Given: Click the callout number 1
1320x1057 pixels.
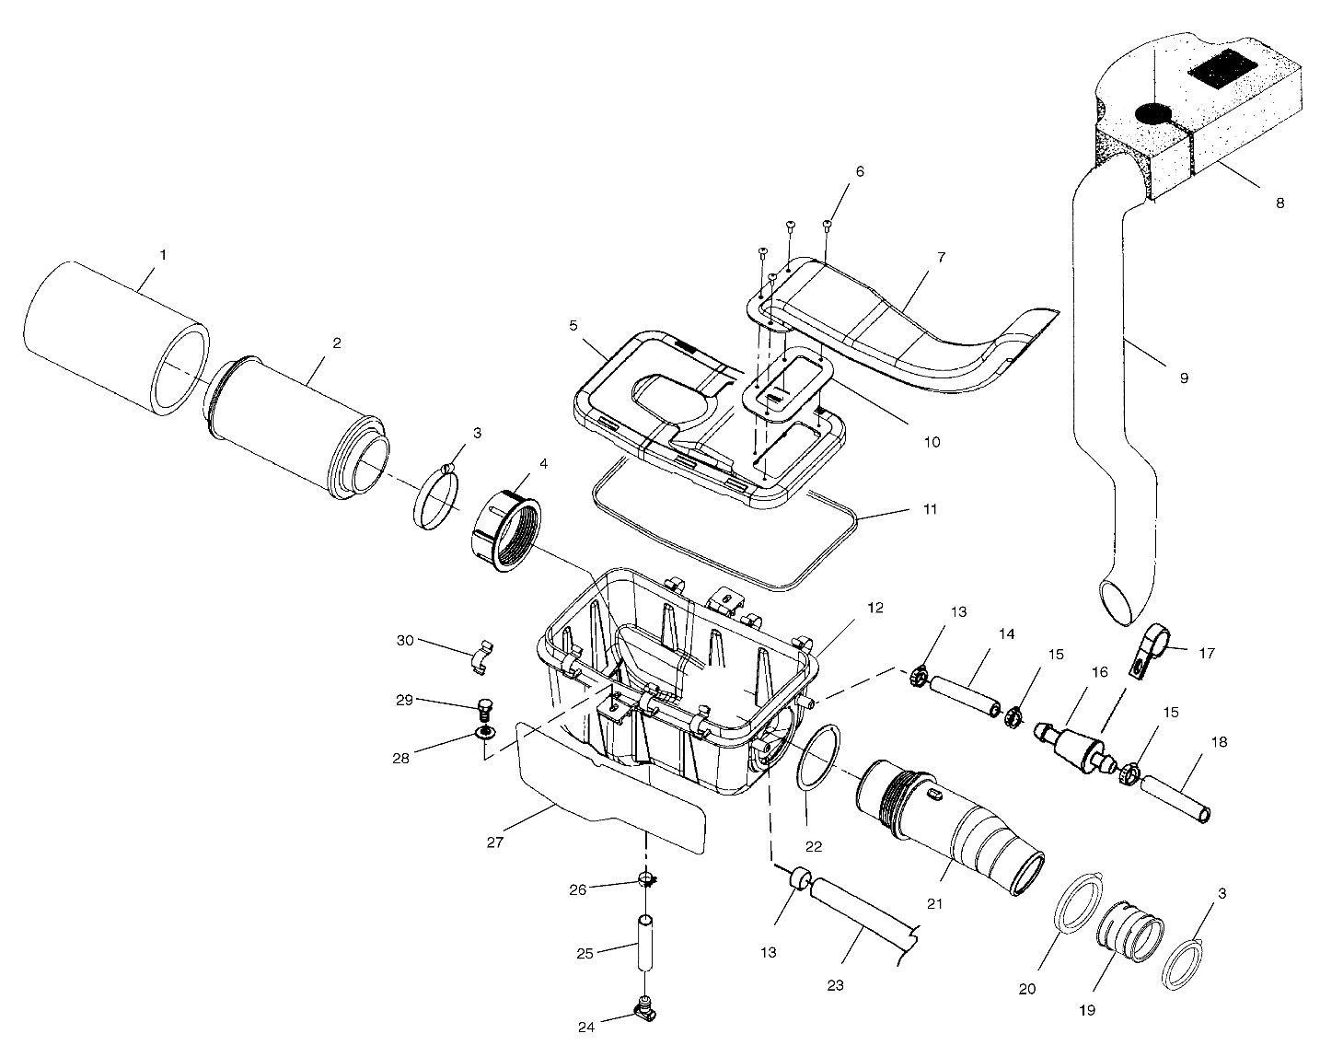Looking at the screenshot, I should click(x=163, y=254).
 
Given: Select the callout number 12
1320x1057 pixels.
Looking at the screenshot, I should click(x=874, y=608).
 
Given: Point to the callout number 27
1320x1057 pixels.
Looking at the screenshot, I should click(x=494, y=842).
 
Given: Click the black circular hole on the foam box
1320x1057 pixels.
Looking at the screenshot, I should click(x=1151, y=113).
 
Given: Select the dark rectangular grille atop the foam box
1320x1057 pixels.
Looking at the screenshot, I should click(x=1221, y=73).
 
